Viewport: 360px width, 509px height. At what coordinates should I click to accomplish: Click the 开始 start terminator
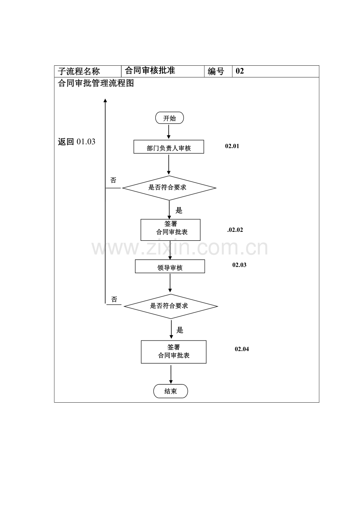pyautogui.click(x=169, y=118)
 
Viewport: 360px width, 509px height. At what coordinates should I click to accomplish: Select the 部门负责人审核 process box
pyautogui.click(x=169, y=147)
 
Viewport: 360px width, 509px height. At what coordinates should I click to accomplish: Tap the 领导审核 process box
pyautogui.click(x=170, y=266)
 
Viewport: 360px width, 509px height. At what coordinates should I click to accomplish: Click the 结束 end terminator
pyautogui.click(x=171, y=391)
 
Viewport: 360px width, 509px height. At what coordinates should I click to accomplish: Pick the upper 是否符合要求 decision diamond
pyautogui.click(x=169, y=188)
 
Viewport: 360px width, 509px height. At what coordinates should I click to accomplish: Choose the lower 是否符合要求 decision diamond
pyautogui.click(x=171, y=306)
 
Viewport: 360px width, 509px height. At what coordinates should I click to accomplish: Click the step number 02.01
pyautogui.click(x=232, y=146)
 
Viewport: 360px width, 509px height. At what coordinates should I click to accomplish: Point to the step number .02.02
pyautogui.click(x=235, y=230)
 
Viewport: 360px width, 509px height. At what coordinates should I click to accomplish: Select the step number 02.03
pyautogui.click(x=239, y=265)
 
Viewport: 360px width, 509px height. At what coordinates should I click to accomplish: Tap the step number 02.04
pyautogui.click(x=242, y=349)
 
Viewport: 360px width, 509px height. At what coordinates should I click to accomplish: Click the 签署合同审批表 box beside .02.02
pyautogui.click(x=171, y=230)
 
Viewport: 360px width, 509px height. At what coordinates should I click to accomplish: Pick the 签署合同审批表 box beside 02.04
pyautogui.click(x=174, y=352)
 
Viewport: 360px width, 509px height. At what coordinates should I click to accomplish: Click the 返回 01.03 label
pyautogui.click(x=76, y=142)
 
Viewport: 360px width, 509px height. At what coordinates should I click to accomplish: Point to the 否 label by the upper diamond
pyautogui.click(x=113, y=180)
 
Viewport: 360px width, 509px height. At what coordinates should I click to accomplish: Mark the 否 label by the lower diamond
pyautogui.click(x=114, y=299)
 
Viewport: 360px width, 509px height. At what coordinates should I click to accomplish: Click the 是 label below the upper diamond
pyautogui.click(x=179, y=210)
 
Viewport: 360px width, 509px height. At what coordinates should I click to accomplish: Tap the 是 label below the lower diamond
pyautogui.click(x=180, y=330)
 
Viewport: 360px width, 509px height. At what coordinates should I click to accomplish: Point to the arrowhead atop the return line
pyautogui.click(x=105, y=100)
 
